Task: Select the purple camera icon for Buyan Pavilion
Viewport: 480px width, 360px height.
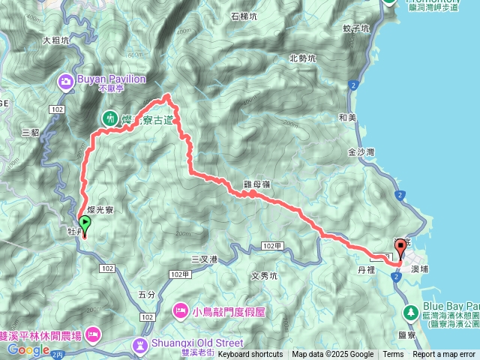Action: coord(66,79)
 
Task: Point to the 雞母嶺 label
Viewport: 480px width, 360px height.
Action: coord(256,183)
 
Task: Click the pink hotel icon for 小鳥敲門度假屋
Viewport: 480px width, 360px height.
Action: coord(181,309)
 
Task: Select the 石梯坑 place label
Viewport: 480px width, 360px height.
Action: coord(244,16)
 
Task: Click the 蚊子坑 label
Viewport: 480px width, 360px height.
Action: coord(356,29)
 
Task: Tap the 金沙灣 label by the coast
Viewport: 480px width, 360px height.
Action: coord(361,151)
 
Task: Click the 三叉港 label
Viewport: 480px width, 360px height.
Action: coord(204,259)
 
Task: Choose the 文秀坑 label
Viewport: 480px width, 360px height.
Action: coord(264,275)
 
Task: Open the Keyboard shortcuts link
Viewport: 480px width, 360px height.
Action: coord(250,355)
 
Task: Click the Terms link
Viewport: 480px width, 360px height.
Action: coord(393,355)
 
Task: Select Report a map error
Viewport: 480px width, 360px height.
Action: coord(445,355)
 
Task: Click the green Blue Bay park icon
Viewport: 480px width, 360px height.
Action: coord(411,311)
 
